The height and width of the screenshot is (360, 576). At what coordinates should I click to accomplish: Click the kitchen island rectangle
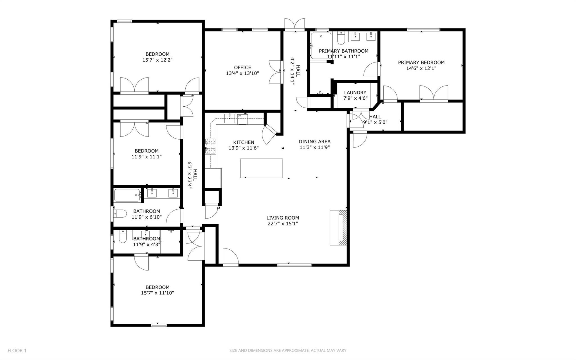click(x=261, y=168)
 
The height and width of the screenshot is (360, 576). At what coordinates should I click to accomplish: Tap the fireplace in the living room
click(x=339, y=227)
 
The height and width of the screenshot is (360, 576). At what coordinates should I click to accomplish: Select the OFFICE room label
click(x=242, y=68)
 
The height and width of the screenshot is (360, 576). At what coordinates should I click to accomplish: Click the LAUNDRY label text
click(x=355, y=93)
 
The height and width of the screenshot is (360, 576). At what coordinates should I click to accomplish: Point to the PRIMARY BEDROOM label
click(x=421, y=62)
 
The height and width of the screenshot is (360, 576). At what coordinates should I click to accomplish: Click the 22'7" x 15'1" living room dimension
click(x=283, y=224)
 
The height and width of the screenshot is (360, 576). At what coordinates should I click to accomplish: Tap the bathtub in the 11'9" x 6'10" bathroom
click(x=127, y=195)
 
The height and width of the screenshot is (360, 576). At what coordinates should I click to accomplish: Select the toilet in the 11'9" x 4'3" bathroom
click(x=122, y=237)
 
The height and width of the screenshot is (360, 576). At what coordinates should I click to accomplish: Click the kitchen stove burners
click(x=210, y=146)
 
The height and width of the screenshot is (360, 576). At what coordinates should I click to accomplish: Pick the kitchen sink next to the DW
click(x=230, y=118)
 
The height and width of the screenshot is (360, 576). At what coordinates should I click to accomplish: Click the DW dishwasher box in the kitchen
click(x=242, y=119)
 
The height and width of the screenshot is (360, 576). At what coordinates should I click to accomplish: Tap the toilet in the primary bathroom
click(x=341, y=39)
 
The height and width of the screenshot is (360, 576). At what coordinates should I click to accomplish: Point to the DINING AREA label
click(x=314, y=142)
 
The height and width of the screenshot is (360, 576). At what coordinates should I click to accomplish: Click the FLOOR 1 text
click(x=17, y=350)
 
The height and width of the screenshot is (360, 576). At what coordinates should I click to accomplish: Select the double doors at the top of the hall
click(x=294, y=24)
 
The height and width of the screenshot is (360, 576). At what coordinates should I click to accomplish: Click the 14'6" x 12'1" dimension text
click(x=421, y=68)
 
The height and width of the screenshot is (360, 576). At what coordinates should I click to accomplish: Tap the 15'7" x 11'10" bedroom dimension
click(x=157, y=293)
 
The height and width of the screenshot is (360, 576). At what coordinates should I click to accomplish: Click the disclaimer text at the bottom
click(x=288, y=350)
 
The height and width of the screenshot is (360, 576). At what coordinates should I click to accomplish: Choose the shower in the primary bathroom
click(x=321, y=45)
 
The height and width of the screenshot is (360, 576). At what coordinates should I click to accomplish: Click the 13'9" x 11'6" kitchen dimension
click(x=244, y=148)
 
